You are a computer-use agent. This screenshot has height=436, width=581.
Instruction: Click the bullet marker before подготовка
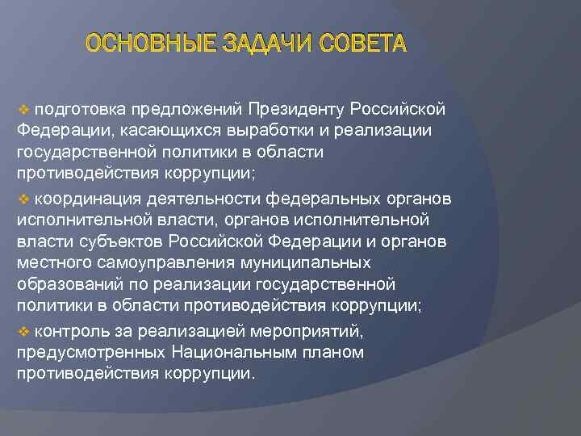(23, 108)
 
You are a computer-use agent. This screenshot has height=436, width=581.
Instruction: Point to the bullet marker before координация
(23, 198)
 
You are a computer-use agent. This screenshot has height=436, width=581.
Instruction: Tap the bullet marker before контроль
(23, 330)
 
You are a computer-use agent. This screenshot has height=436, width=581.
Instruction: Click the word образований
(65, 286)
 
